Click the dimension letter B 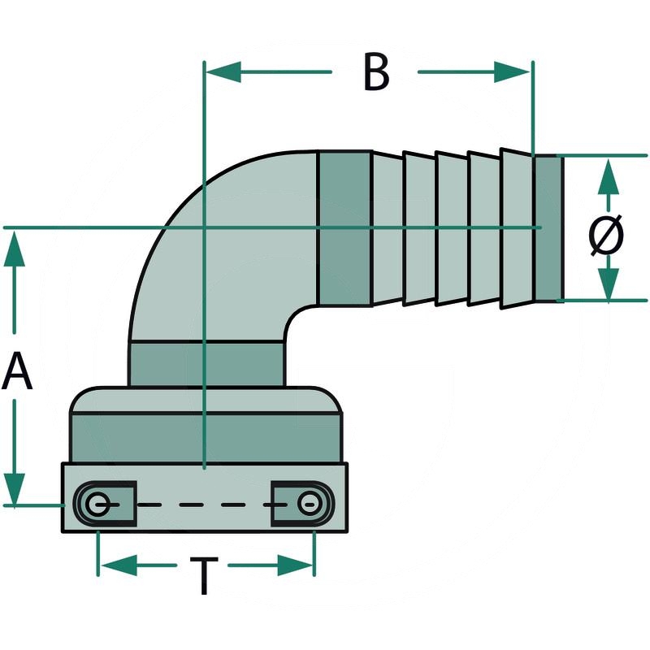[375, 72]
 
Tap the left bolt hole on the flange [98, 505]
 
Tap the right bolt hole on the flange [307, 505]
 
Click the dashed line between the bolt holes [203, 505]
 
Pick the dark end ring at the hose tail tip [548, 228]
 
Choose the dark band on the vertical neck [206, 363]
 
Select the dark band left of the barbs [345, 227]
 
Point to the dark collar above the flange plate [206, 437]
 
